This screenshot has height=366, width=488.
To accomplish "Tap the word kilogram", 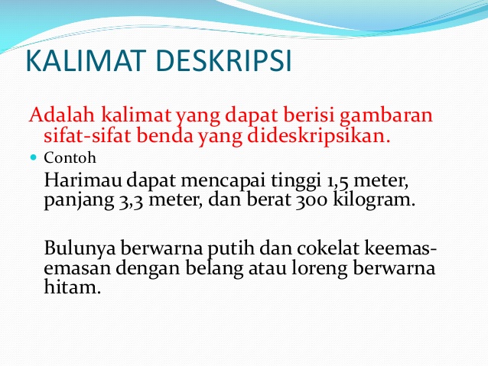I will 377,202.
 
